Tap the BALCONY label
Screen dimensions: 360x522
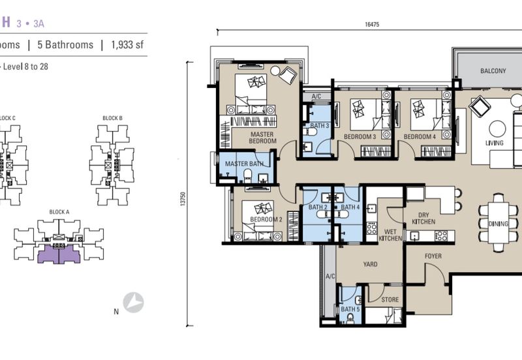[x=493, y=71]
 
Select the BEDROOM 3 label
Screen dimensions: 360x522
[x=360, y=137]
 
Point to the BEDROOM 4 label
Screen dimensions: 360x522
[x=419, y=137]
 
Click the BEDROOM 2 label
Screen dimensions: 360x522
[x=266, y=220]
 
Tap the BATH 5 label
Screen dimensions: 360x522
[x=349, y=309]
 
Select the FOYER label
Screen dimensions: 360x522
[x=433, y=256]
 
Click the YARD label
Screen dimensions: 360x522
[x=363, y=266]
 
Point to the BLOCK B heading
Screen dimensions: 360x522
[x=112, y=117]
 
